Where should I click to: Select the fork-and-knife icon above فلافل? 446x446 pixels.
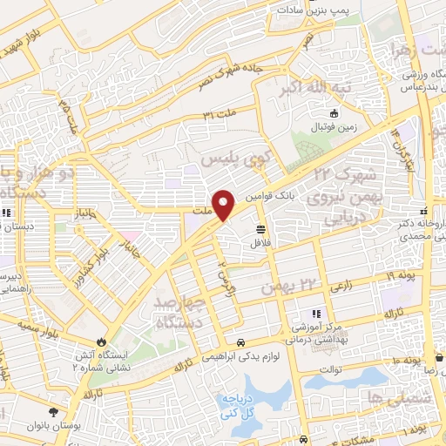point(260,229)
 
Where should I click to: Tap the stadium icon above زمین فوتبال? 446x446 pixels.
point(333,113)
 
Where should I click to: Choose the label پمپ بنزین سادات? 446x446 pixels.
point(314,8)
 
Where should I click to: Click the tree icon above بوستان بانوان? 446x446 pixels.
point(56,412)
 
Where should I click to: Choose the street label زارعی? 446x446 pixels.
point(341,284)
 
